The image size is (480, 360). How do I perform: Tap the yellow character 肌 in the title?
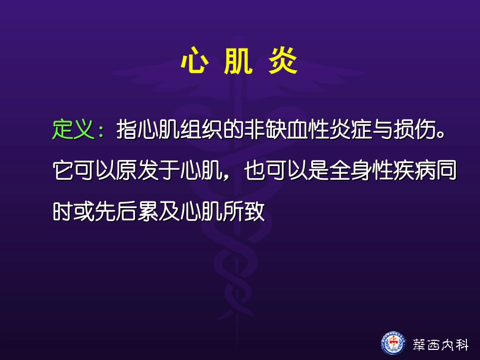click(x=237, y=63)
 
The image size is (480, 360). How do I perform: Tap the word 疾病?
click(x=413, y=172)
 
